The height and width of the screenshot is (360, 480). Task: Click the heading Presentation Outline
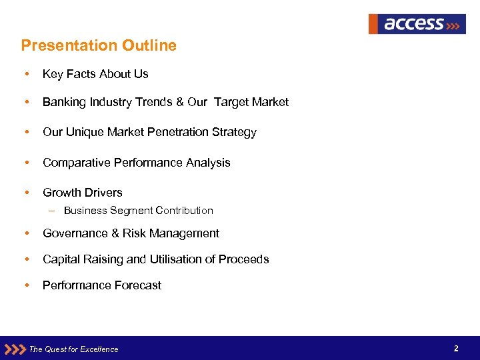click(x=99, y=45)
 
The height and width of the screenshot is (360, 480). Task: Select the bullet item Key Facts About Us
click(x=95, y=74)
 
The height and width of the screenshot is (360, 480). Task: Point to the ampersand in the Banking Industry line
click(x=179, y=102)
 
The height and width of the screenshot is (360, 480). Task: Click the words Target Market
click(x=251, y=102)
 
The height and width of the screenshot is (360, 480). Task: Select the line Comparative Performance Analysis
click(x=136, y=163)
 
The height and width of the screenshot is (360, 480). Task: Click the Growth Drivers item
click(x=83, y=193)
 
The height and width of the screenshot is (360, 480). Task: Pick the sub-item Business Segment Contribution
click(x=139, y=211)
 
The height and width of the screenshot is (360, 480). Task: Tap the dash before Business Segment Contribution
click(x=52, y=211)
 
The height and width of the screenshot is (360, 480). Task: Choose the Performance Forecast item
click(x=102, y=285)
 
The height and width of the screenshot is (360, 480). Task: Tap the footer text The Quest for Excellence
click(x=74, y=349)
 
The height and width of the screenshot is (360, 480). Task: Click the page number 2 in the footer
click(x=456, y=349)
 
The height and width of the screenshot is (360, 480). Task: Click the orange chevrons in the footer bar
click(x=15, y=349)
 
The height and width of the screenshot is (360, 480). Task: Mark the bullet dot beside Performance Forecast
click(x=25, y=285)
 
